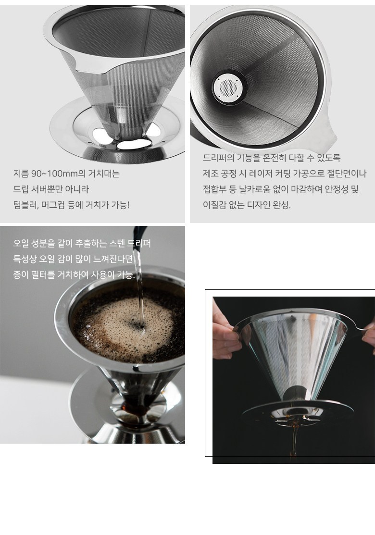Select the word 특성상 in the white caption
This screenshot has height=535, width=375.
click(25, 259)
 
